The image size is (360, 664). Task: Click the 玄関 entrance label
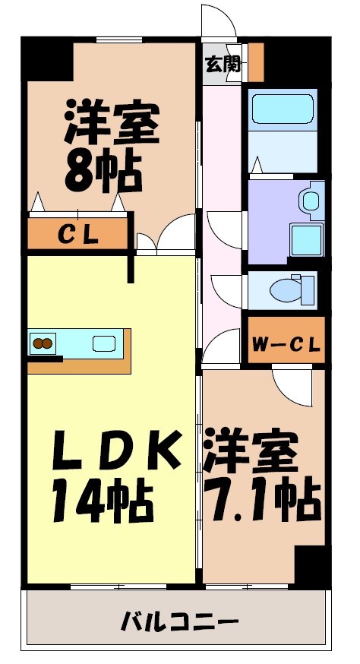coord(223,64)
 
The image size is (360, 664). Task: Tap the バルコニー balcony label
coord(180,624)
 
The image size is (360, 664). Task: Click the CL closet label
coord(78,235)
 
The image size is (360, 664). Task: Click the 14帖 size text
coord(102,500)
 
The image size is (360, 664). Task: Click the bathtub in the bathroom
coord(282,112)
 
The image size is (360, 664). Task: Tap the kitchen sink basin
coord(104,343)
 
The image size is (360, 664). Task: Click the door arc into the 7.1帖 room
coord(292,387)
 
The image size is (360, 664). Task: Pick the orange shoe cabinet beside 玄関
coord(256,62)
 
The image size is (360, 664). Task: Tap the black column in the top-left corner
coord(46,57)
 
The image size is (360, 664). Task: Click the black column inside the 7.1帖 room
coord(309,564)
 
